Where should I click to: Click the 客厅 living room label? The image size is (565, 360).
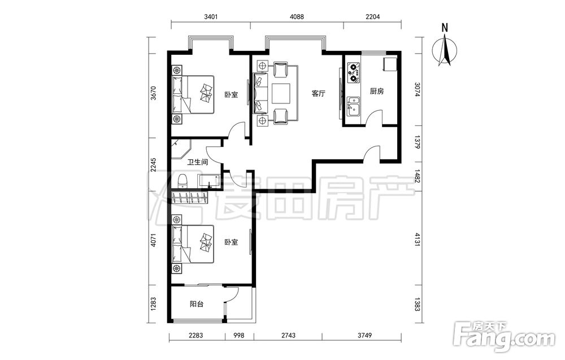(318, 94)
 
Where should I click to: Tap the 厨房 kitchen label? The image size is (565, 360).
(376, 91)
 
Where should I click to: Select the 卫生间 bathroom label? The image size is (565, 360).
(197, 162)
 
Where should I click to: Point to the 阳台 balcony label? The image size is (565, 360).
(197, 304)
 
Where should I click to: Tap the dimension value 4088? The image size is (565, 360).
(297, 16)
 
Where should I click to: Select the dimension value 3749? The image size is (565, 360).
(364, 336)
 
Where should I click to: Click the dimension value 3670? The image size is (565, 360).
(154, 93)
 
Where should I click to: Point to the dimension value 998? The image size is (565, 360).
(238, 336)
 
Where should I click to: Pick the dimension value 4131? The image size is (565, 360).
(418, 240)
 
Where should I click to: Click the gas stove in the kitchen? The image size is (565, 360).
(354, 72)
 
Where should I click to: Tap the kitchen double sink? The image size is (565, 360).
(353, 106)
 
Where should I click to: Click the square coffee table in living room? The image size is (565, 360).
(281, 93)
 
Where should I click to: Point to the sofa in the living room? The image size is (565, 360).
(260, 93)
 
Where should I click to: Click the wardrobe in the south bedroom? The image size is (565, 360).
(190, 197)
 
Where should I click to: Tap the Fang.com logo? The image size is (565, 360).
(504, 336)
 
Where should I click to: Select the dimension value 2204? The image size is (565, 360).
(372, 16)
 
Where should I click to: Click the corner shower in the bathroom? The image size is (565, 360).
(181, 149)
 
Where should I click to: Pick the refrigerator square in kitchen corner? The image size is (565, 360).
(390, 64)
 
